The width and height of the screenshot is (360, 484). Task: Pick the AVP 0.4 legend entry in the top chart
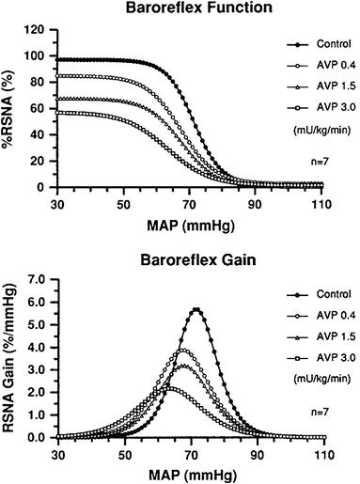(316, 66)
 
